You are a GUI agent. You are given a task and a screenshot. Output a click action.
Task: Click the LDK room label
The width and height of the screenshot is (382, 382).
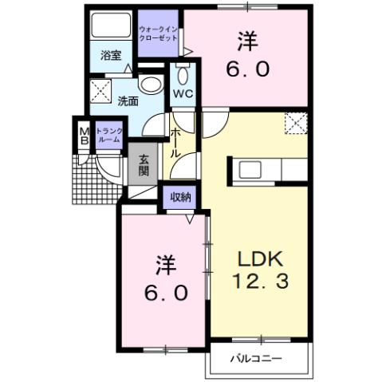pyautogui.click(x=258, y=259)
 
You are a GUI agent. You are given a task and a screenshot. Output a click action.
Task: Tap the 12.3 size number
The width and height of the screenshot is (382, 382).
pyautogui.click(x=258, y=281)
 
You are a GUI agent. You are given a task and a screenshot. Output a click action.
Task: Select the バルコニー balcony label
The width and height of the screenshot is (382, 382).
pyautogui.click(x=258, y=358)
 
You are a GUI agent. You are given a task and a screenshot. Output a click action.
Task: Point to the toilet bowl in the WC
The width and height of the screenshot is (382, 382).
pyautogui.click(x=182, y=77)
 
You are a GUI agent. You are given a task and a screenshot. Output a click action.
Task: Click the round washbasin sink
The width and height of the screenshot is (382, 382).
pyautogui.click(x=149, y=84)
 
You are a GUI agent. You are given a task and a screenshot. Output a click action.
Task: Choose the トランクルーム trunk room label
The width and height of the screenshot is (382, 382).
pyautogui.click(x=108, y=135)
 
